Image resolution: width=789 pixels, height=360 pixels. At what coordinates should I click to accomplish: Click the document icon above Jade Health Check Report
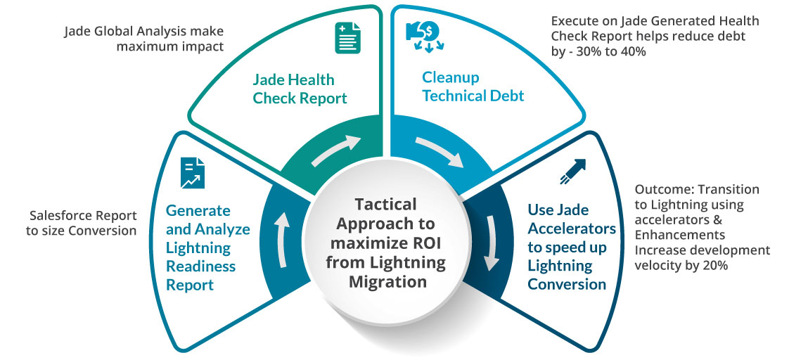(342, 37)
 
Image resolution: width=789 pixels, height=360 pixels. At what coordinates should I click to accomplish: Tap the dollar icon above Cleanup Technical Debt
(422, 34)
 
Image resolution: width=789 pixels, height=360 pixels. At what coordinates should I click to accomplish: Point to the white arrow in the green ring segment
(333, 151)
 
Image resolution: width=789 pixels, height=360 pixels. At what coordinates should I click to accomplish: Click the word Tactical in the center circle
(385, 205)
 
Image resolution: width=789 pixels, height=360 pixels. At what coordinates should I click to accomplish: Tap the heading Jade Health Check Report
(300, 89)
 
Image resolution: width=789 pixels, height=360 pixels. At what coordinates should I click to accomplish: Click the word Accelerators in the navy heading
(572, 229)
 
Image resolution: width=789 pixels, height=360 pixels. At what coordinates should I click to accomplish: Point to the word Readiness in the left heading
(200, 266)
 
